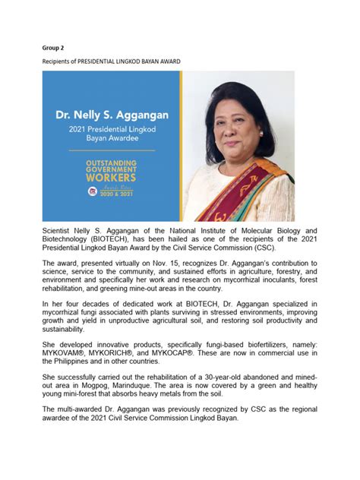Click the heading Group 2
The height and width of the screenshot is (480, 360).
[x=52, y=47]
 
